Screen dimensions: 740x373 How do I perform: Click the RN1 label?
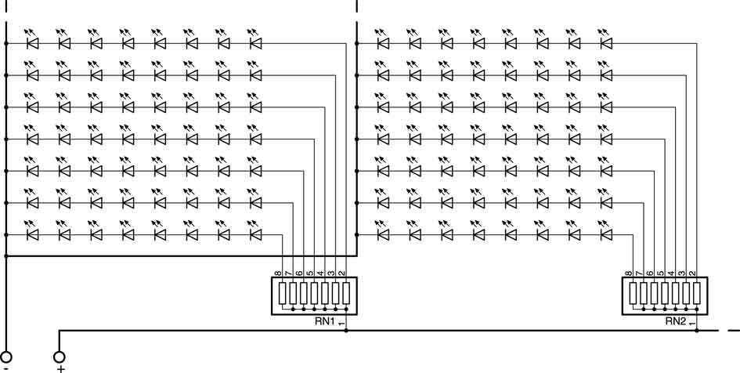(x=325, y=321)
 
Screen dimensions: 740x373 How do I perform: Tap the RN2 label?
(x=675, y=321)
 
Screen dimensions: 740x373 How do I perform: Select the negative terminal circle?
(x=6, y=357)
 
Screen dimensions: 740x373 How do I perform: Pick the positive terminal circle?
(x=60, y=357)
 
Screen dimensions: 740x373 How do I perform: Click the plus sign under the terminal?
(x=60, y=368)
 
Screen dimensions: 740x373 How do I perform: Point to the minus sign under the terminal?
(x=5, y=368)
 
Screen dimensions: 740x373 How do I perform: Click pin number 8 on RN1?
(x=279, y=273)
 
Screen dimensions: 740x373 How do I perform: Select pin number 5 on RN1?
(x=310, y=273)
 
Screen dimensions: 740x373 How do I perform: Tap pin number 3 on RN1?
(x=331, y=273)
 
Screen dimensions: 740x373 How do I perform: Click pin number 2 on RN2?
(x=693, y=273)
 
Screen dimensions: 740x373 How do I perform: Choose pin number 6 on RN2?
(x=650, y=273)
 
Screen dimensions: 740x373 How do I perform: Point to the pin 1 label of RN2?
(x=691, y=324)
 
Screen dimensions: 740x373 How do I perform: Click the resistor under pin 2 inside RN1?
(x=346, y=293)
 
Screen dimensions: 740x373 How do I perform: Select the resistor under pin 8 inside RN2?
(x=633, y=293)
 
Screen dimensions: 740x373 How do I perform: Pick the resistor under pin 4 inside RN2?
(x=675, y=293)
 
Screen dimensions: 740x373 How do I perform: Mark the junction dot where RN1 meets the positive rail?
(x=346, y=331)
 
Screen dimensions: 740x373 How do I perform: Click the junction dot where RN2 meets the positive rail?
(x=697, y=331)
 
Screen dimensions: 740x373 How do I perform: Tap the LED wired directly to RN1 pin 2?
(x=255, y=43)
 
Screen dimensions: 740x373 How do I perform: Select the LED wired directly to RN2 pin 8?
(x=606, y=234)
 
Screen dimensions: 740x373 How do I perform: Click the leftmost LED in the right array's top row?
(x=383, y=43)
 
